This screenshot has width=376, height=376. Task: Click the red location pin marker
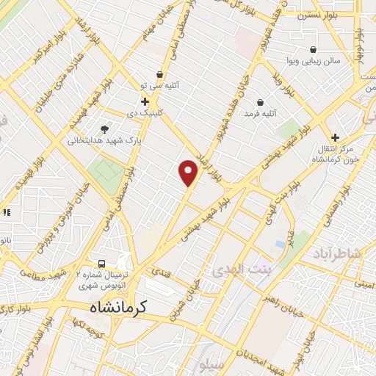point(189,173)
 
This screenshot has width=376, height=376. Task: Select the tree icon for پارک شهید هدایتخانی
point(105,128)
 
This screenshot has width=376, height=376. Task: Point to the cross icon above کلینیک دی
point(145,101)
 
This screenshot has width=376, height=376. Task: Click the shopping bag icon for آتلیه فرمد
point(261,102)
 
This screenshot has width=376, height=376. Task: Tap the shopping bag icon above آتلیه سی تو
point(159,73)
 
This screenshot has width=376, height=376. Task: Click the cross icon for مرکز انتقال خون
point(335,137)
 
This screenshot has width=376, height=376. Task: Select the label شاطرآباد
point(337,253)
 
